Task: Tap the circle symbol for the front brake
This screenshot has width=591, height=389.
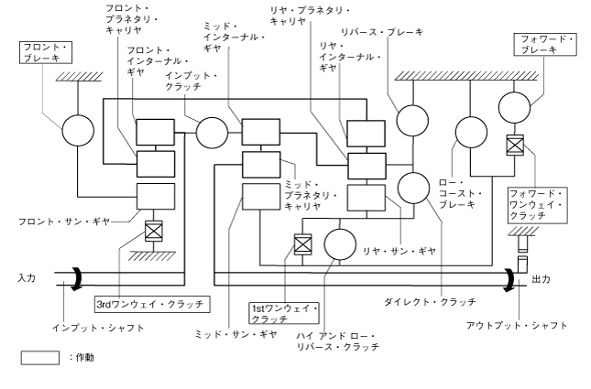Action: click(78, 131)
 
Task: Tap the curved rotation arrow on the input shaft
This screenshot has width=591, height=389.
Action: click(60, 277)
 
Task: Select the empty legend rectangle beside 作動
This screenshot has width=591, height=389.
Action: click(39, 358)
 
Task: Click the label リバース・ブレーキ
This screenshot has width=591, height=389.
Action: click(384, 32)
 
